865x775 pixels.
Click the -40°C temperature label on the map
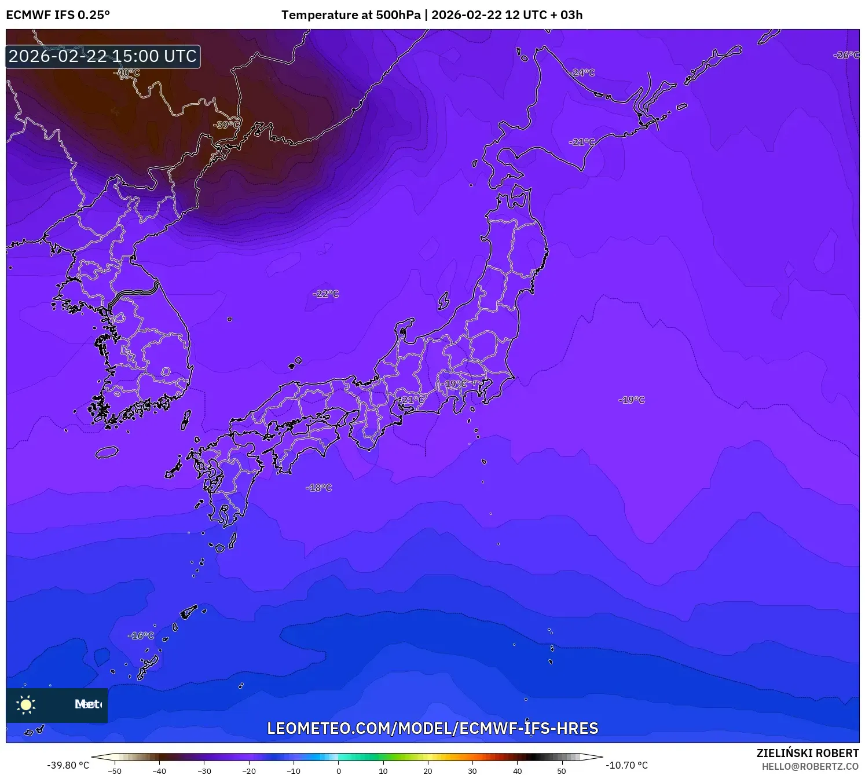127,72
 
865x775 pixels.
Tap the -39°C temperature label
226,125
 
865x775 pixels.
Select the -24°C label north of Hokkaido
582,72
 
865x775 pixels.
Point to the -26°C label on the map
846,55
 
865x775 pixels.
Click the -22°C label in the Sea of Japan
325,294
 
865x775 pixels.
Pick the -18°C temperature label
318,488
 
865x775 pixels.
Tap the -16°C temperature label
141,635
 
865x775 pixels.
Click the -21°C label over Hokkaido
581,142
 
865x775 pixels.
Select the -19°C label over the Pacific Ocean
631,400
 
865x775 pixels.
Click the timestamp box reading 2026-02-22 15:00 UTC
103,56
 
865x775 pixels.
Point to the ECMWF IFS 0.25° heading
58,15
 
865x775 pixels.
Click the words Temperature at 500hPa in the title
351,15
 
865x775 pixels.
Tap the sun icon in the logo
26,704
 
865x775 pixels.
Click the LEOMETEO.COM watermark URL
432,728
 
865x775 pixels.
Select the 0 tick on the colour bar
339,770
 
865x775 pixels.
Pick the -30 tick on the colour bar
204,770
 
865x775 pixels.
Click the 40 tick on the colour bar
517,770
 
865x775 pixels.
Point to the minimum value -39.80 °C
68,765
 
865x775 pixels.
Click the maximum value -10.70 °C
627,765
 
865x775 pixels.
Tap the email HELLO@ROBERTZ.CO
810,766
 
